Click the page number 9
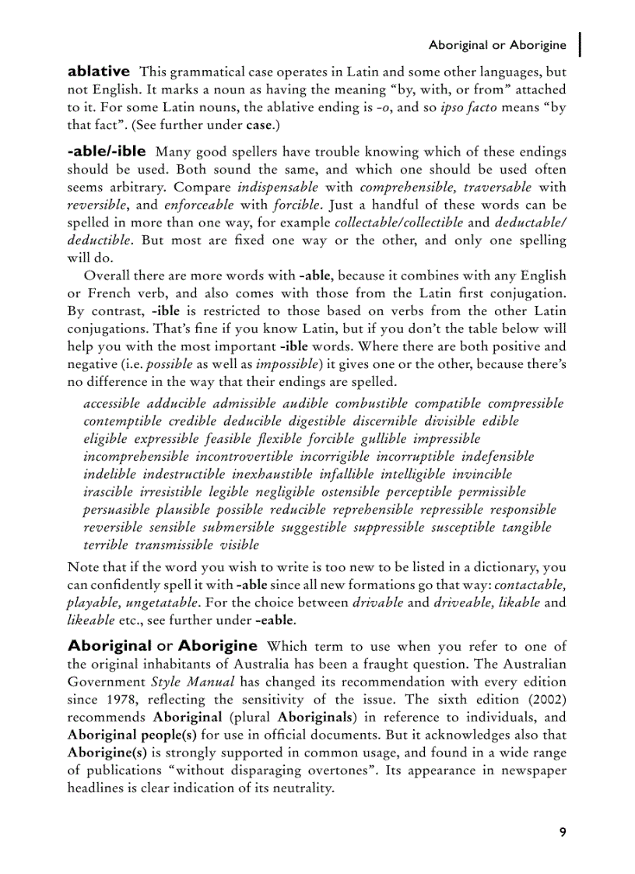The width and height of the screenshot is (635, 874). pos(562,832)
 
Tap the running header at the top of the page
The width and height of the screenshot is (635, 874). pos(497,45)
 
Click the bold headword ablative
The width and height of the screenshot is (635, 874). pos(99,72)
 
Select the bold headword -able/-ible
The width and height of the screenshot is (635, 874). pos(106,151)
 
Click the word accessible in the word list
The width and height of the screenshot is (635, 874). pos(111,403)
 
